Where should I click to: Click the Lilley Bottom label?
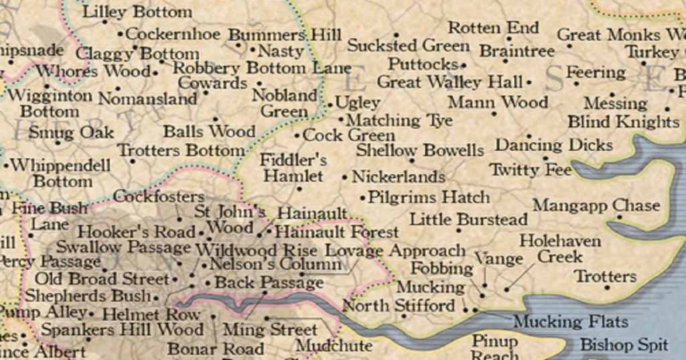137,11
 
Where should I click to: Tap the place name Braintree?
517,51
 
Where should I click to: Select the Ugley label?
358,103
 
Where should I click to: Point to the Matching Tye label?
399,121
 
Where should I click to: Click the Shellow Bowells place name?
419,149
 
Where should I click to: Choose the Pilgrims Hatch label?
429,198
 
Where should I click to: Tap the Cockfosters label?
159,196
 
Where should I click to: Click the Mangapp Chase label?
596,205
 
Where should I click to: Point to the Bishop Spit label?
624,345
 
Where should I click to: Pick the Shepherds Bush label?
87,296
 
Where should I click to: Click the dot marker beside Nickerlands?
345,178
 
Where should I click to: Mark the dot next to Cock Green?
297,135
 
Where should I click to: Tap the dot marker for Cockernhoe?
120,34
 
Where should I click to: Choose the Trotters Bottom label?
181,150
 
